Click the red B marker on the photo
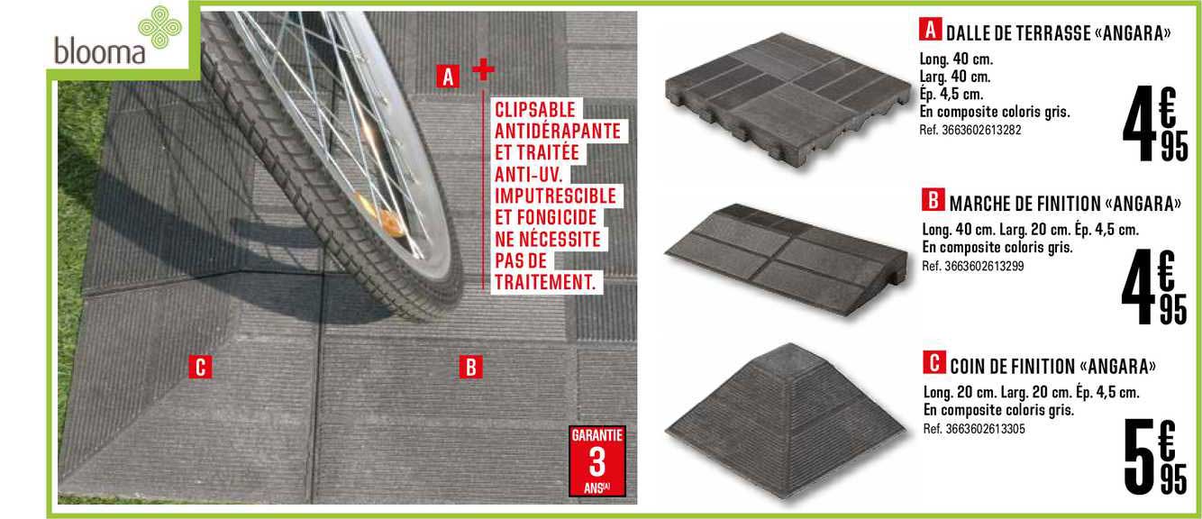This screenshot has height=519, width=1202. tap(469, 368)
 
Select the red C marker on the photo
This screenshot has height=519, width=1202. tap(201, 367)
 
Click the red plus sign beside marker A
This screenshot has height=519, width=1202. tap(483, 68)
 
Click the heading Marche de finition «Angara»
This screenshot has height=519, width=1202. tap(1052, 203)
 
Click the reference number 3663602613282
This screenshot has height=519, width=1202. tap(970, 130)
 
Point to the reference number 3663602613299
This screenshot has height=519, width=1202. tap(973, 266)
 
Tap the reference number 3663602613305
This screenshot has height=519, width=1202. tap(974, 428)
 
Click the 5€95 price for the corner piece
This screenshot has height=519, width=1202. tap(1156, 460)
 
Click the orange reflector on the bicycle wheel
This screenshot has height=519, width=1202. tap(390, 221)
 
